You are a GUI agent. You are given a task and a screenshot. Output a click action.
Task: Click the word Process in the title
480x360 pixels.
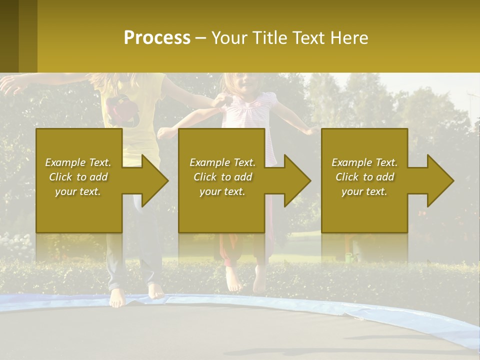pyautogui.click(x=157, y=38)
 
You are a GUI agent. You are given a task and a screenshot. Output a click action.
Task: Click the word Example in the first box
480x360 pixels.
pyautogui.click(x=65, y=162)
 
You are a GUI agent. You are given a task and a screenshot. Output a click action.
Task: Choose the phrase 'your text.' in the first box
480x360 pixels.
pyautogui.click(x=78, y=191)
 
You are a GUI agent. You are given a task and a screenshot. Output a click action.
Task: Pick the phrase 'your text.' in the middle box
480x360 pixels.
pyautogui.click(x=222, y=191)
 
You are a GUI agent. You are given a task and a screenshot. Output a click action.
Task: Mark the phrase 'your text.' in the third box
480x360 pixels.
pyautogui.click(x=364, y=191)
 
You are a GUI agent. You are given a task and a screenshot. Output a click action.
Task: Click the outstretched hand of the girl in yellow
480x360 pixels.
pyautogui.click(x=10, y=85)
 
